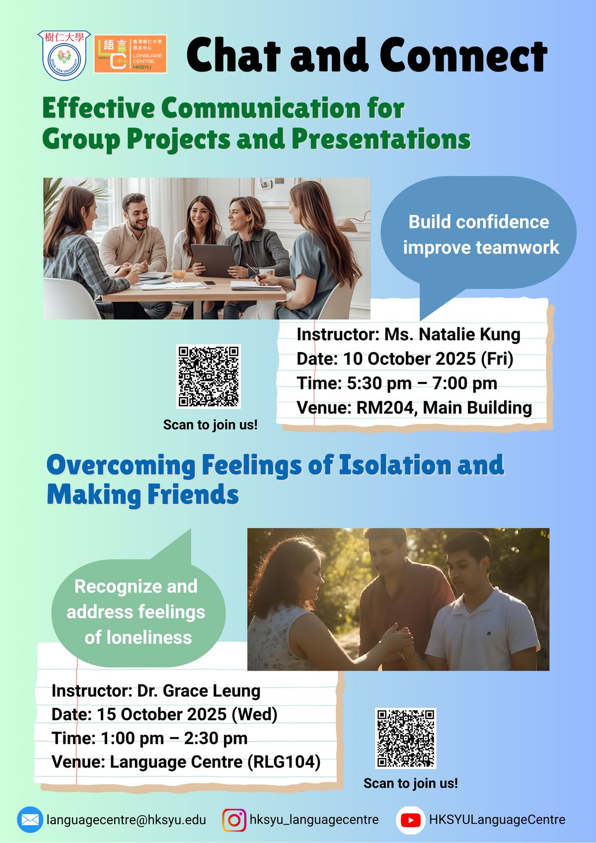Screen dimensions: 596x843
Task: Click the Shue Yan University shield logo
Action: pos(65,55)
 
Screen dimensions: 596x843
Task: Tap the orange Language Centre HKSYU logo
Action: pos(130,54)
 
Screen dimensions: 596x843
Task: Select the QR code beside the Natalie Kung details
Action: pos(209,377)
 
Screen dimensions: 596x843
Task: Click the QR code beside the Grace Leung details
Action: pos(406,738)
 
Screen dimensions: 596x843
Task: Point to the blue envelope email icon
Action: pos(30,820)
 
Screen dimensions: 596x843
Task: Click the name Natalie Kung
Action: pos(469,334)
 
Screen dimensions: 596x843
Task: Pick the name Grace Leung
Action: pos(212,691)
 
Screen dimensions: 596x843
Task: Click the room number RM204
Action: pos(385,407)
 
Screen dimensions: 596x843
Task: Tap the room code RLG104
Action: pos(283,762)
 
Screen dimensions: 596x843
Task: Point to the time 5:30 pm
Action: pos(379,383)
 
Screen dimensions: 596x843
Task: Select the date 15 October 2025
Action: pos(162,714)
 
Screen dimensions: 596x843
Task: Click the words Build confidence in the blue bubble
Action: pos(479,222)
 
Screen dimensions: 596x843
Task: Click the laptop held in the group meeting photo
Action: pos(214,260)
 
